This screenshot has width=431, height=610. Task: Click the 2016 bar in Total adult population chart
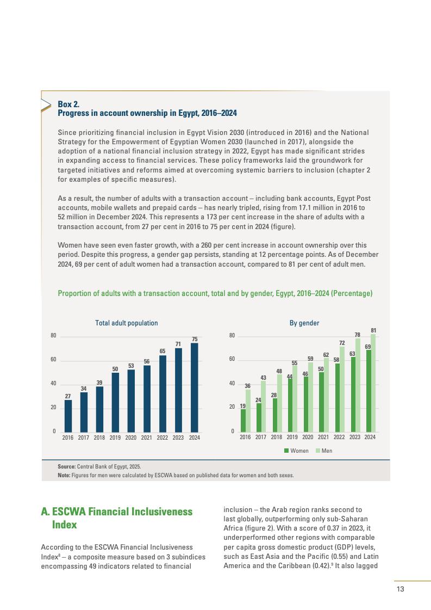[68, 416]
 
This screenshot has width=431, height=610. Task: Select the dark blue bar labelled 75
[195, 387]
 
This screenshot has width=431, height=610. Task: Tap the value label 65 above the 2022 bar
[163, 352]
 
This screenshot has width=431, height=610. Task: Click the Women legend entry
[296, 451]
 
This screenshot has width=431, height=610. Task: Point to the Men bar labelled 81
[373, 383]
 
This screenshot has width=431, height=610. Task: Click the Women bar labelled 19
[243, 420]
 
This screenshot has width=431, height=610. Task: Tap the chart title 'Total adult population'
[127, 323]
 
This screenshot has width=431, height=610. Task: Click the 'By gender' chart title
[304, 323]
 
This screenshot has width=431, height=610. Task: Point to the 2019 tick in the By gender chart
[292, 438]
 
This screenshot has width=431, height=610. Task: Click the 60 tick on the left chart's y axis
[53, 360]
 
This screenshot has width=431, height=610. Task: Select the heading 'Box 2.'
[68, 104]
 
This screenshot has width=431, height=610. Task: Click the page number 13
[401, 589]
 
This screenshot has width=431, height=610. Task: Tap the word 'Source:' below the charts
[67, 466]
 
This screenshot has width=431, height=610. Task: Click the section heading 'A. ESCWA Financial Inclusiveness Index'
[117, 518]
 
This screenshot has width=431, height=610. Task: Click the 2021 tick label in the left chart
[147, 438]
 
